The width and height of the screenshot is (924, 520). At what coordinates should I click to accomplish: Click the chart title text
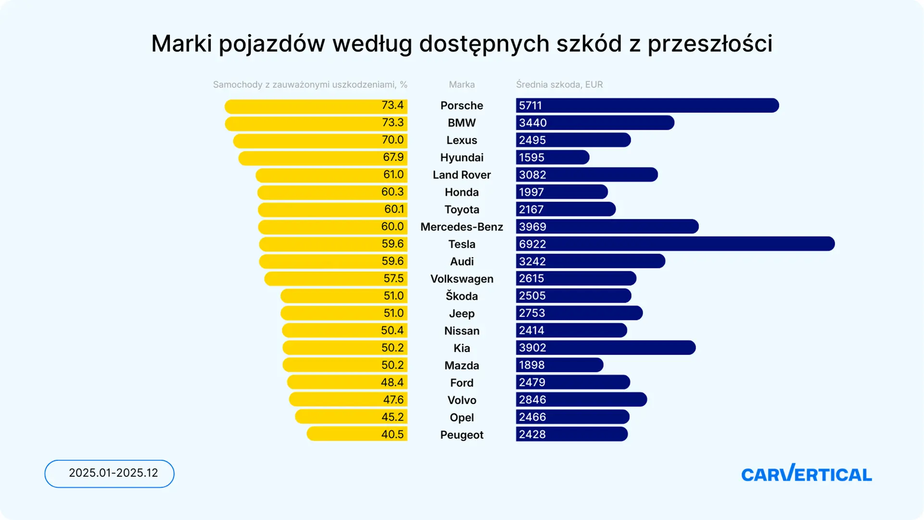click(462, 44)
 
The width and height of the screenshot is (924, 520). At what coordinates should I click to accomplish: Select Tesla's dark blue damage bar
click(675, 244)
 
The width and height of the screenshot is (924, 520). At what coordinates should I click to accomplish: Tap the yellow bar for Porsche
click(316, 106)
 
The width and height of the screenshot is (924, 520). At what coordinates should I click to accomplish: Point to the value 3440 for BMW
click(532, 123)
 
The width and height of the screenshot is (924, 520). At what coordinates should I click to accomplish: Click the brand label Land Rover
click(462, 175)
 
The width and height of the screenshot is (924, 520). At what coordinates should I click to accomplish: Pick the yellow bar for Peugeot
click(357, 434)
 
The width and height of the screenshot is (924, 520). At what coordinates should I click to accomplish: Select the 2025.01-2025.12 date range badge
click(110, 474)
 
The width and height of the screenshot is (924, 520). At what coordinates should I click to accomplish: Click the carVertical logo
click(806, 474)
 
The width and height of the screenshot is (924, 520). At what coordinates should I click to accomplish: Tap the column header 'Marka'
click(462, 85)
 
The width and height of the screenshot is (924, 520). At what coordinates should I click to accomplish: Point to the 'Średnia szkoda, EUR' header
click(559, 85)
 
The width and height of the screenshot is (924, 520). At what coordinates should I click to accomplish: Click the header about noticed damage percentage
click(310, 85)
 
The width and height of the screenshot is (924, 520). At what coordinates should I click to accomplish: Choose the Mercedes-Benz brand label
click(462, 227)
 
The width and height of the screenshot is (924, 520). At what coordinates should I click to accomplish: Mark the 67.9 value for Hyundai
click(393, 157)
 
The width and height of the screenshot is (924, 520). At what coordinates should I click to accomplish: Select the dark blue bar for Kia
click(606, 348)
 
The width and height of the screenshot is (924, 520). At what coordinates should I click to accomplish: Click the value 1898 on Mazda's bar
click(532, 365)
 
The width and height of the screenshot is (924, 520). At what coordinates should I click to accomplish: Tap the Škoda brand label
click(462, 295)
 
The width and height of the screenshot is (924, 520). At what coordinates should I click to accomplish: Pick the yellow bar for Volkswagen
click(336, 279)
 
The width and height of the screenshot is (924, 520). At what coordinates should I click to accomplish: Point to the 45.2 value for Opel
click(392, 417)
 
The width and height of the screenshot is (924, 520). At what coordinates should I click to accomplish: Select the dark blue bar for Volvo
click(582, 400)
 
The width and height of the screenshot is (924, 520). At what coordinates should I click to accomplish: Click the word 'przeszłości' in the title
click(710, 45)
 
